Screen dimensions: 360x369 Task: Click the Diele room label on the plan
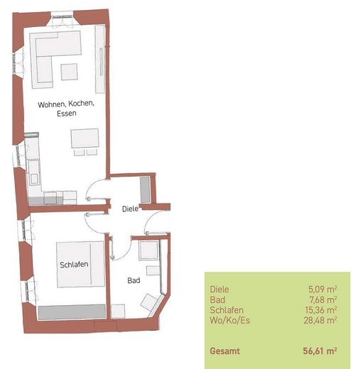pyautogui.click(x=130, y=209)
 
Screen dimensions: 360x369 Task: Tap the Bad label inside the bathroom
pyautogui.click(x=133, y=280)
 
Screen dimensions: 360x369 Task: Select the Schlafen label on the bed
pyautogui.click(x=74, y=265)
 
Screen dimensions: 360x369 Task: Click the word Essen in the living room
pyautogui.click(x=67, y=114)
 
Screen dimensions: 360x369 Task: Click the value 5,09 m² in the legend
pyautogui.click(x=322, y=290)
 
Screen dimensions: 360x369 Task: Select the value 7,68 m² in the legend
pyautogui.click(x=323, y=299)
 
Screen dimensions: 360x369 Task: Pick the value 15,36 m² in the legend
pyautogui.click(x=321, y=310)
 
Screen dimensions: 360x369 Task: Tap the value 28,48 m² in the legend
pyautogui.click(x=320, y=320)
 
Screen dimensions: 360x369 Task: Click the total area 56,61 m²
pyautogui.click(x=320, y=351)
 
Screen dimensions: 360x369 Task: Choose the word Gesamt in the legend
pyautogui.click(x=225, y=351)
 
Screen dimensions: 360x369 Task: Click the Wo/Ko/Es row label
pyautogui.click(x=230, y=321)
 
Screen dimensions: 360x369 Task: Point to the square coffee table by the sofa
pyautogui.click(x=69, y=72)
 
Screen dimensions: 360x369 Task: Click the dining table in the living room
pyautogui.click(x=84, y=138)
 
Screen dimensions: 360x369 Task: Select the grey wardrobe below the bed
pyautogui.click(x=72, y=312)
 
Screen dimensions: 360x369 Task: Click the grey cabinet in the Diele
pyautogui.click(x=145, y=189)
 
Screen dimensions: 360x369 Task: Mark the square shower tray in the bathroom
pyautogui.click(x=148, y=250)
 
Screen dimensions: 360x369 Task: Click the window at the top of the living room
pyautogui.click(x=62, y=17)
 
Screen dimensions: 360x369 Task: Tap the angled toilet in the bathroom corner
pyautogui.click(x=149, y=302)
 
